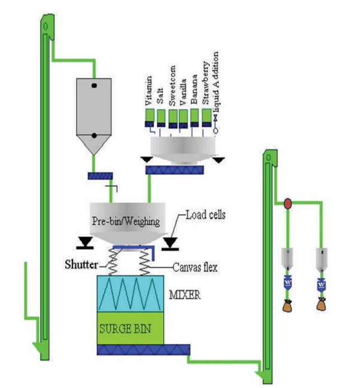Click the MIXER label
point(185,294)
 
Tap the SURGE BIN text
point(125,329)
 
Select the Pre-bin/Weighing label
point(126,221)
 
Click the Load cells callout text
point(205,214)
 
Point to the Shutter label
point(81,264)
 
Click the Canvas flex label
point(195,267)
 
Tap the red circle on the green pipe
point(288,204)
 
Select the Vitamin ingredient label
point(148,91)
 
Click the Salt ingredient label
point(160,96)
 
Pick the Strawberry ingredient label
point(205,83)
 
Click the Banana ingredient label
point(194,89)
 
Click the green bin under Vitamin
point(149,115)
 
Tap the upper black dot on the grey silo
point(94,86)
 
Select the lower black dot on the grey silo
point(94,135)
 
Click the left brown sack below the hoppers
point(287,306)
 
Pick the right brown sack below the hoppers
point(321,304)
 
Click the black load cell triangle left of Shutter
point(85,242)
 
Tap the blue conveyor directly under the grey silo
point(100,176)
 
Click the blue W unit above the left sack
point(288,283)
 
